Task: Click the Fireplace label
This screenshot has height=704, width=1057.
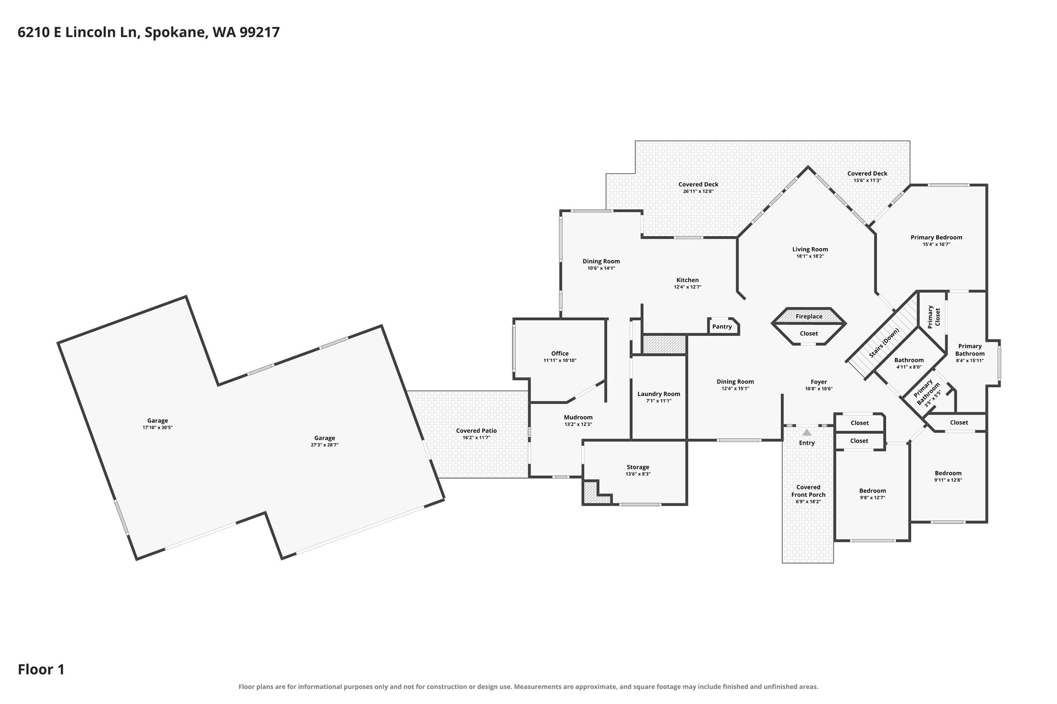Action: tap(809, 317)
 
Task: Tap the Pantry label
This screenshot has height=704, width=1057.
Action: tap(722, 326)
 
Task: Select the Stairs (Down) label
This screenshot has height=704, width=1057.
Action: tap(884, 343)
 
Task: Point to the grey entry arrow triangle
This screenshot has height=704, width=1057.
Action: tap(807, 432)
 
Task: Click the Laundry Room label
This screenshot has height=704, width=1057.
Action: tap(659, 394)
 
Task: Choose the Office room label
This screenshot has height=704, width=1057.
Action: tap(560, 354)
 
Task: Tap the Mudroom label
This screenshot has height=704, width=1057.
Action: tap(578, 417)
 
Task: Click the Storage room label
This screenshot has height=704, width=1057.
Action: tap(638, 467)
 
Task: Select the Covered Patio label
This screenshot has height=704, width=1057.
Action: tap(476, 431)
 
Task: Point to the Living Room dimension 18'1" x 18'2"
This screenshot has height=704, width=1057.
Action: tap(810, 256)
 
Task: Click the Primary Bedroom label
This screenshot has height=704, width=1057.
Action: tap(936, 238)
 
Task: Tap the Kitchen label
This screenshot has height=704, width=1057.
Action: tap(687, 280)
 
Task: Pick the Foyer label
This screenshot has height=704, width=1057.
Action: tap(819, 382)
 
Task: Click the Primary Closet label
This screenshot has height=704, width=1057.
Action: tap(934, 317)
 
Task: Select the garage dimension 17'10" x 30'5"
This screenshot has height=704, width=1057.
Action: tap(157, 428)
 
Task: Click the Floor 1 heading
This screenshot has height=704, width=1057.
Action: tap(41, 669)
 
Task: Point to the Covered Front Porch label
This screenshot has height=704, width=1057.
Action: tap(808, 491)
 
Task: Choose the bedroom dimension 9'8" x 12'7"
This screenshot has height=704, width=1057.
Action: tap(873, 497)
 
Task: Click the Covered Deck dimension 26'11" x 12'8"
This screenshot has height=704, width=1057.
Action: tap(698, 191)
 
